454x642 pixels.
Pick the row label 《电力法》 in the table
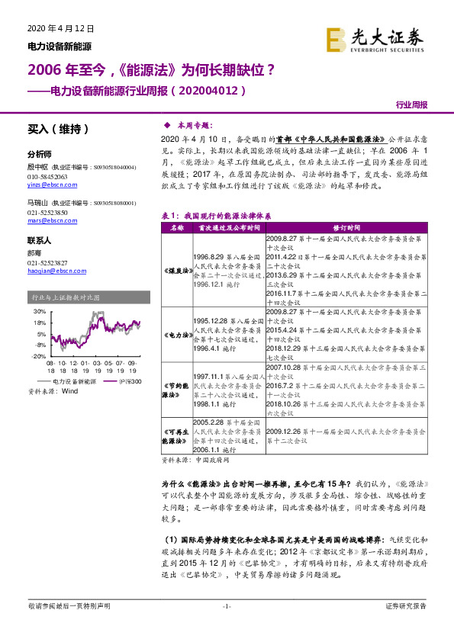pyautogui.click(x=177, y=335)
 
